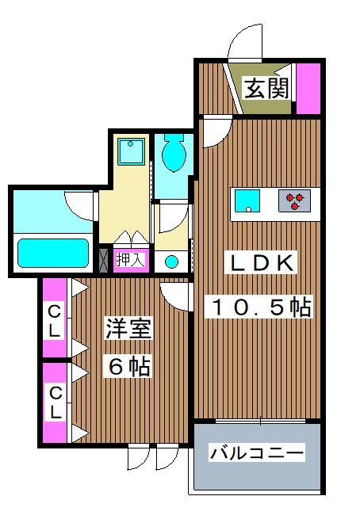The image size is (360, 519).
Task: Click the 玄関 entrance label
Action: [x=260, y=87]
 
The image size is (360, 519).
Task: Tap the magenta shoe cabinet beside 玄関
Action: [x=308, y=87]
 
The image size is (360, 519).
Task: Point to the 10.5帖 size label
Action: [x=260, y=305]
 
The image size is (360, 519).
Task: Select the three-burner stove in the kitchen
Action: [x=297, y=202]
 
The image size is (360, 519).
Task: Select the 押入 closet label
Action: [x=129, y=259]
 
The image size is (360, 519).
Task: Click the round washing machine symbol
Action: [x=172, y=261]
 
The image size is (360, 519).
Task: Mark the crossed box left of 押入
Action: [x=104, y=259]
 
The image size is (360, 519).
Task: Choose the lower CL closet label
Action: [x=54, y=403]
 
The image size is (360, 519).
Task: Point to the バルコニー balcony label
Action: [x=256, y=453]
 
